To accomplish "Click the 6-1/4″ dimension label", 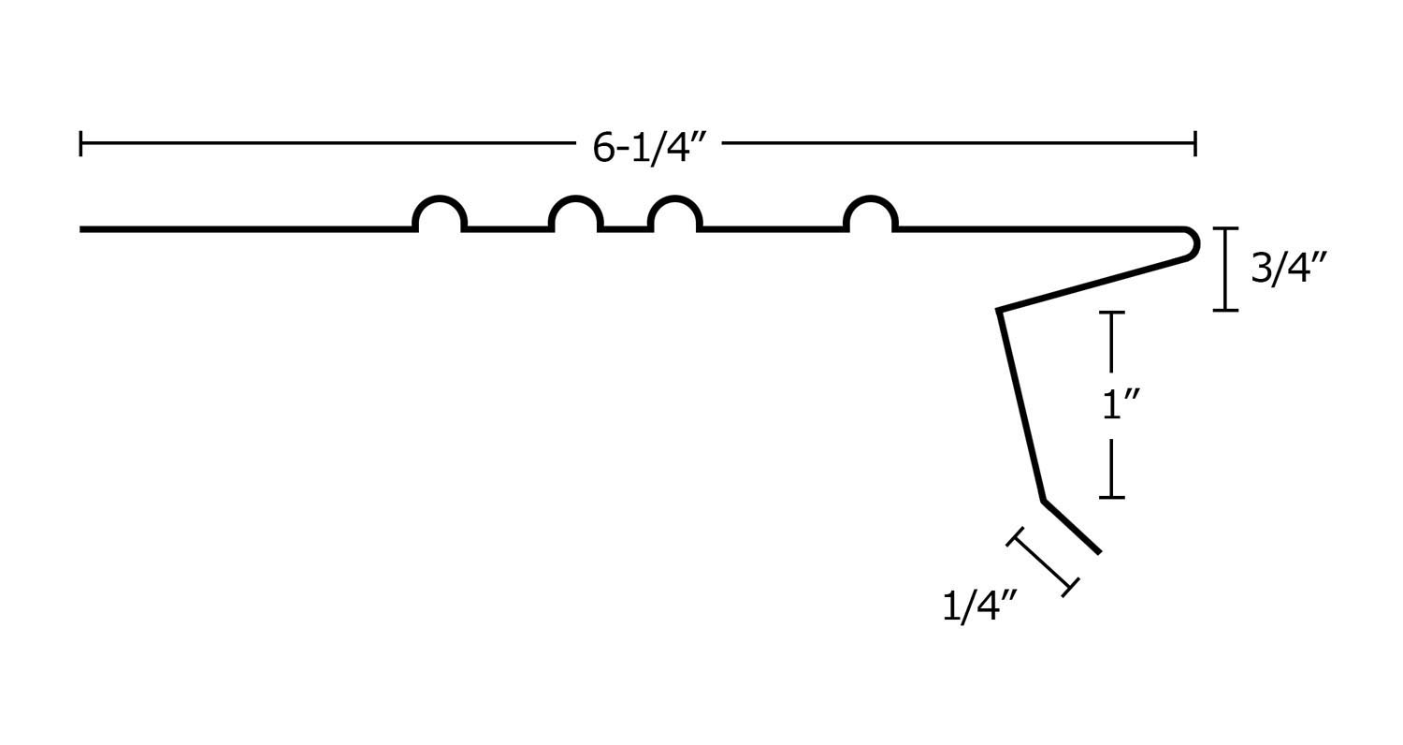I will point(648,147).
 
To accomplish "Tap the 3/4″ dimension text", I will point(1288,268).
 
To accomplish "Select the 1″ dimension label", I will point(1120,404).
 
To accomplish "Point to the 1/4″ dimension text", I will point(978,606).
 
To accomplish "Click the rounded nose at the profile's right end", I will point(1193,244).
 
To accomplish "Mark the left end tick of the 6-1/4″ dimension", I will point(81,143).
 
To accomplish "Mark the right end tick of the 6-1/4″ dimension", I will point(1194,143).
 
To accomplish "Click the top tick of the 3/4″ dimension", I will point(1225,228).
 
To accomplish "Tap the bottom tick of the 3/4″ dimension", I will point(1225,310).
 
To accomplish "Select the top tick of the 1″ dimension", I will point(1111,313).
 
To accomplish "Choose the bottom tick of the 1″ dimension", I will point(1111,497).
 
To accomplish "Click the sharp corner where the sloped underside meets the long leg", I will point(1000,310).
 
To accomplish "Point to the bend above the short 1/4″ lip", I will point(1044,501).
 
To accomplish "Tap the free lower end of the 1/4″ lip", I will point(1099,552).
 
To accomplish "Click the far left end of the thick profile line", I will point(82,228).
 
